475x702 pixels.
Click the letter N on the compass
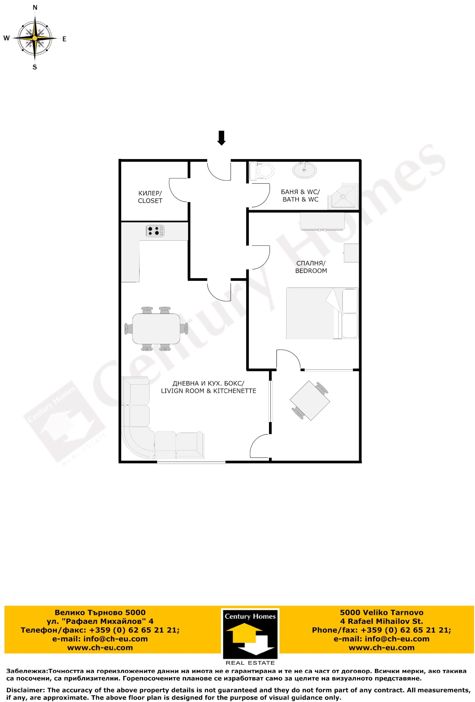click(35, 8)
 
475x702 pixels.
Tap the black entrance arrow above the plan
click(221, 138)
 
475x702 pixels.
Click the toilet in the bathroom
click(262, 171)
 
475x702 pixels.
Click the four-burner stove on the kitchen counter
click(155, 231)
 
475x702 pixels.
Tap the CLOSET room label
click(150, 201)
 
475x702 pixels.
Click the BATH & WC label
click(300, 199)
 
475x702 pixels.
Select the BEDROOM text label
click(311, 271)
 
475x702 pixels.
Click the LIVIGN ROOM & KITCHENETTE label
click(208, 391)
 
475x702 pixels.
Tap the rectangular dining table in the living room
click(156, 329)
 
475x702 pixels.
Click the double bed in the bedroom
click(322, 313)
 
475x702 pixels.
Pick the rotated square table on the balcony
click(310, 400)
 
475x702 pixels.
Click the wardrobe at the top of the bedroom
click(322, 221)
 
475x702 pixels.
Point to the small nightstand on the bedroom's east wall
click(351, 253)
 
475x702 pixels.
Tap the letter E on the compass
click(64, 39)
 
